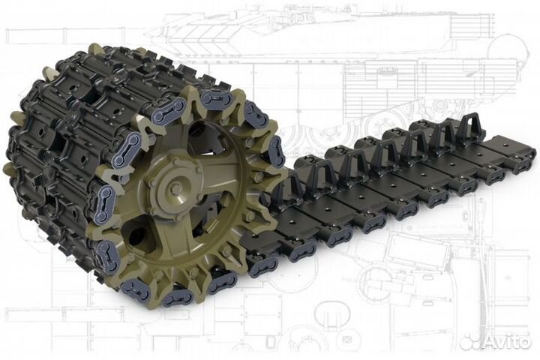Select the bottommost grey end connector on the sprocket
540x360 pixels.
(178, 297)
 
